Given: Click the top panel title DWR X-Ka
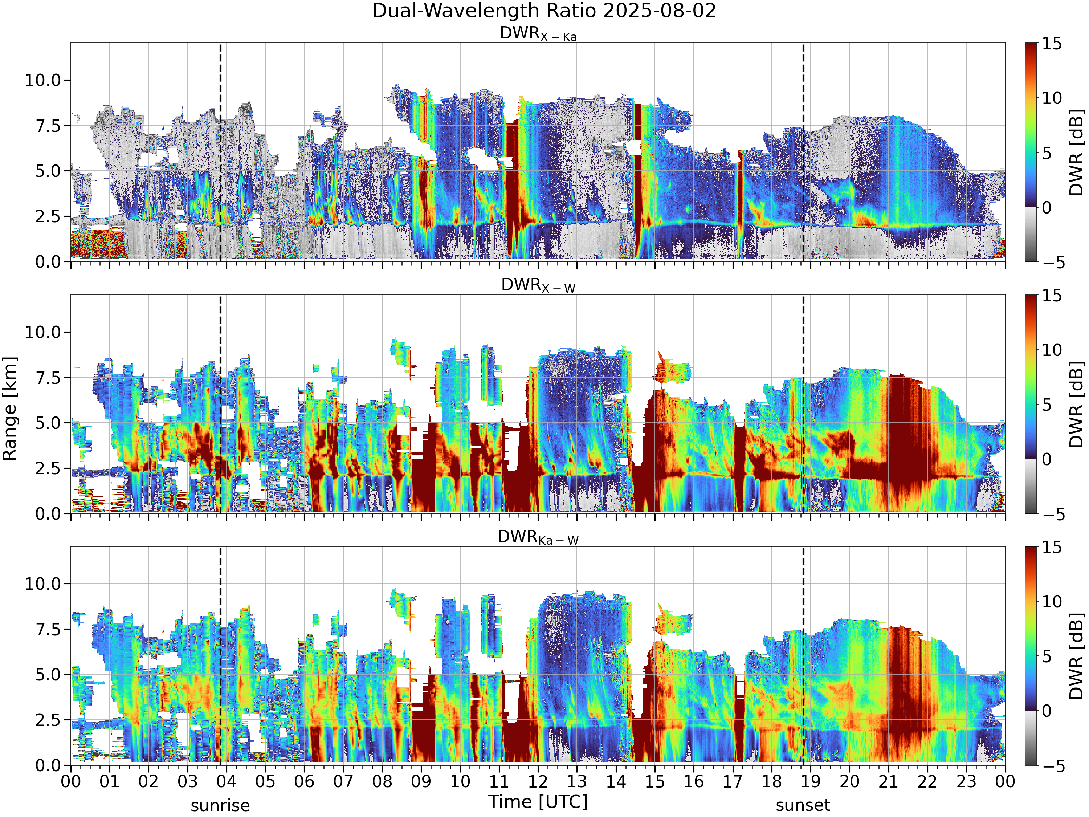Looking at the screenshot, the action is [x=538, y=34].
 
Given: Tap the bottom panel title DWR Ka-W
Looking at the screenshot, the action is [x=538, y=537].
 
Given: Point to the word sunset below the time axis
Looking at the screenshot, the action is [x=803, y=806].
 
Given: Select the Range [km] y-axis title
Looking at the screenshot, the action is [x=10, y=409].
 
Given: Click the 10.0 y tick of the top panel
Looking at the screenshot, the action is [x=43, y=80].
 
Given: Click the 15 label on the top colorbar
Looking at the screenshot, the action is [x=1052, y=44].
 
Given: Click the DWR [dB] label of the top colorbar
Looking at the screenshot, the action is [x=1077, y=153].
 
